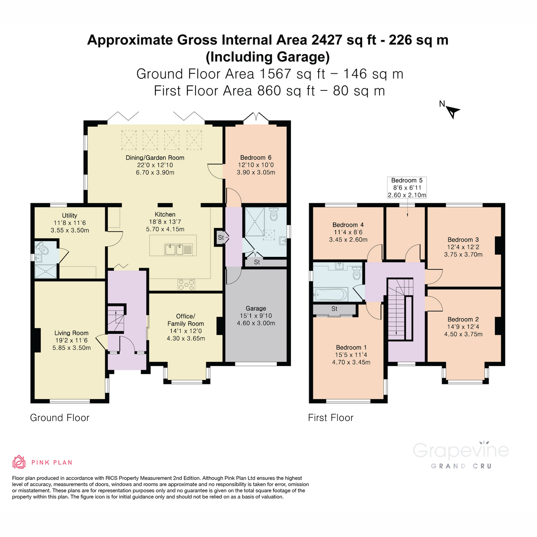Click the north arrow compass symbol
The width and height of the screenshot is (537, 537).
pos(453,111)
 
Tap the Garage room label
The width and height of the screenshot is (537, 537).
pos(256,308)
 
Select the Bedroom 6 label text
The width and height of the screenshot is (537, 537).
pos(256,158)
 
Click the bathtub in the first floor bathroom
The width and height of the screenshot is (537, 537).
pos(331,294)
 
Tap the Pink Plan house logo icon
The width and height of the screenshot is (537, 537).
pos(19,462)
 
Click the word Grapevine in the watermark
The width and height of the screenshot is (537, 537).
pos(460,451)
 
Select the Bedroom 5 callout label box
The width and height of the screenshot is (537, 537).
pos(407,188)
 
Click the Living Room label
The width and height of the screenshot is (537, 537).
pos(71,333)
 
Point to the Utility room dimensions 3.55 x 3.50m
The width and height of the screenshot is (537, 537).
pos(70,230)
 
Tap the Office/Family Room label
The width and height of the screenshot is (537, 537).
pos(186,320)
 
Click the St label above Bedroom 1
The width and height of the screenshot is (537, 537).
pos(334,309)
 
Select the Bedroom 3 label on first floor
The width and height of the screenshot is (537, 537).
pos(463,240)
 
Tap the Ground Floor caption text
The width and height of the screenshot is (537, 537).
pos(60,418)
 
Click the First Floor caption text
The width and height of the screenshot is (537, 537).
pos(331,418)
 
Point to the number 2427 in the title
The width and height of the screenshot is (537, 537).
pos(327,40)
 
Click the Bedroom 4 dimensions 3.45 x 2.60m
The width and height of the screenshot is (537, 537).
pos(348,240)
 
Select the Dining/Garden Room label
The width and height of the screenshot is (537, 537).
pos(155,158)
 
